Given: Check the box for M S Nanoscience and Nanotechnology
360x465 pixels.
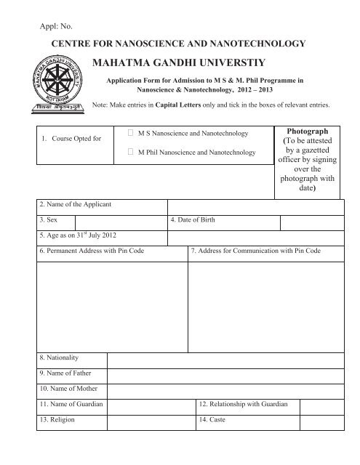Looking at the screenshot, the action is (130, 134).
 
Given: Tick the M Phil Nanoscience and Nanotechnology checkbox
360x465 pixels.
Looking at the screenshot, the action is (130, 153).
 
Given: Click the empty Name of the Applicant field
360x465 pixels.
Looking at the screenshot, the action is (255, 207).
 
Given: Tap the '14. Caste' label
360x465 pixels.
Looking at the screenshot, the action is (212, 420).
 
